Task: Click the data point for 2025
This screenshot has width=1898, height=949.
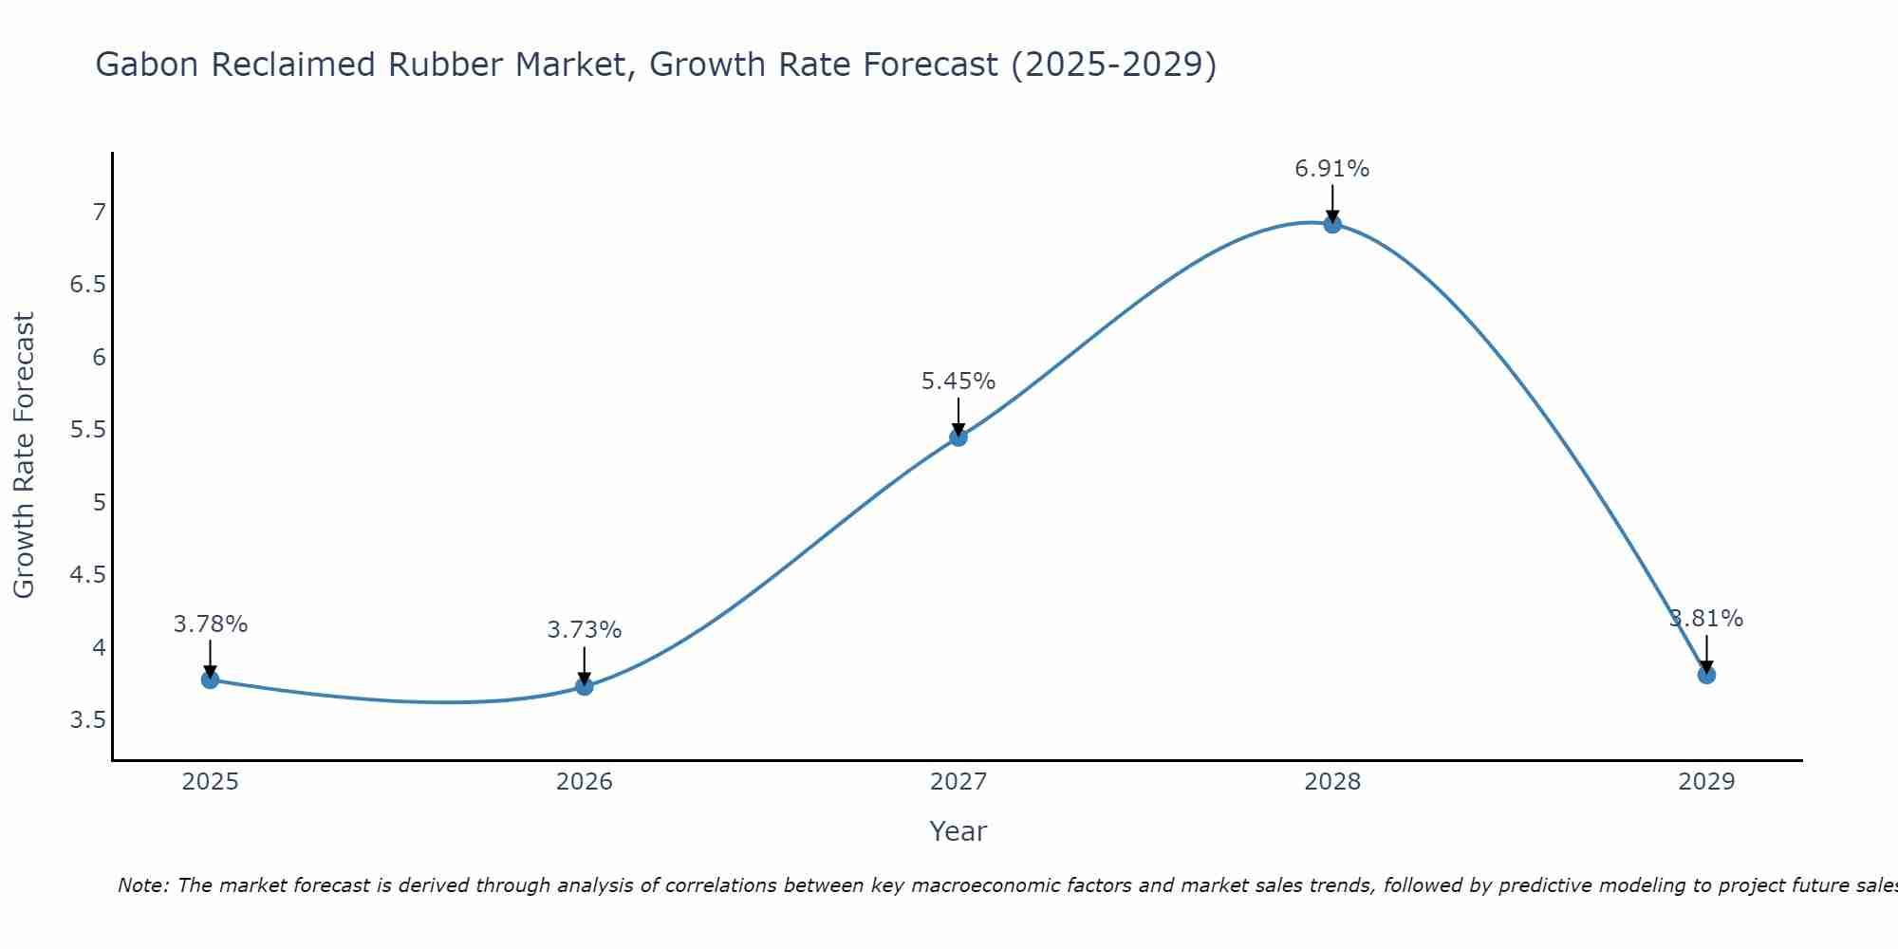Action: [210, 679]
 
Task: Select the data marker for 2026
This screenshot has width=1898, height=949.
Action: [585, 686]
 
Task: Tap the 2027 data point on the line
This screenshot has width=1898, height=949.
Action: [958, 437]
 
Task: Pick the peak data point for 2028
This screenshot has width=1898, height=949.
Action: [1332, 225]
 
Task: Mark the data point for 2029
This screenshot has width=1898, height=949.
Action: [1706, 675]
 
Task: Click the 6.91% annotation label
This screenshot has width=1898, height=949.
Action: [1332, 169]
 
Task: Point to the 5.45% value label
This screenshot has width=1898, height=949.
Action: [958, 381]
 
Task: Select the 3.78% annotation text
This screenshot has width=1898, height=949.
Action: [211, 624]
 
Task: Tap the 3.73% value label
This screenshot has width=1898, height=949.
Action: [585, 630]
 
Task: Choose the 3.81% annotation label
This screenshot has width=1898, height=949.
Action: [1706, 619]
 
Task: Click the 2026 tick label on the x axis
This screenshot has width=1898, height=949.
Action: [585, 782]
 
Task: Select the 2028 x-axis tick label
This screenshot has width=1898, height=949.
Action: [1332, 782]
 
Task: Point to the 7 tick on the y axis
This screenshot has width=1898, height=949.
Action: [99, 212]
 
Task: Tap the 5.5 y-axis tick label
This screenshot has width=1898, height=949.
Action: [88, 430]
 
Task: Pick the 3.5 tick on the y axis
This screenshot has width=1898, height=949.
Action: [88, 720]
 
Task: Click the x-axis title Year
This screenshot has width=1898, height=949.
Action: [958, 831]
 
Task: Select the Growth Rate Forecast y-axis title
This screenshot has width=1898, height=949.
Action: [24, 455]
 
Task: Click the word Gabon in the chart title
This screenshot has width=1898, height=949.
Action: [147, 65]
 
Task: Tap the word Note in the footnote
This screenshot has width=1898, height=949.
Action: [142, 885]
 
